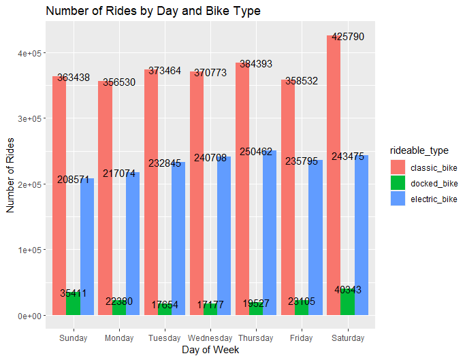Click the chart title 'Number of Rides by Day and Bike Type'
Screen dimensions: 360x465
click(x=153, y=12)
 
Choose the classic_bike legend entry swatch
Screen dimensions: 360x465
click(x=398, y=167)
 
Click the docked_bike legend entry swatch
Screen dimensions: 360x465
click(x=398, y=182)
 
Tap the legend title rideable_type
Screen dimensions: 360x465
click(x=415, y=150)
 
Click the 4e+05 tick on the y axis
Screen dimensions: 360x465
click(x=29, y=53)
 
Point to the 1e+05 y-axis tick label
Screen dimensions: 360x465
click(x=29, y=250)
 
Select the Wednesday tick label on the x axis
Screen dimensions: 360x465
click(x=210, y=338)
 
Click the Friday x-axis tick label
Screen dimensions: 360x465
click(x=302, y=338)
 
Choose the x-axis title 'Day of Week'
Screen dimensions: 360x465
click(x=210, y=350)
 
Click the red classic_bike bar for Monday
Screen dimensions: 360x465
click(x=105, y=204)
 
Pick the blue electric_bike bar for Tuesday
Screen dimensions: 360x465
click(x=178, y=238)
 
